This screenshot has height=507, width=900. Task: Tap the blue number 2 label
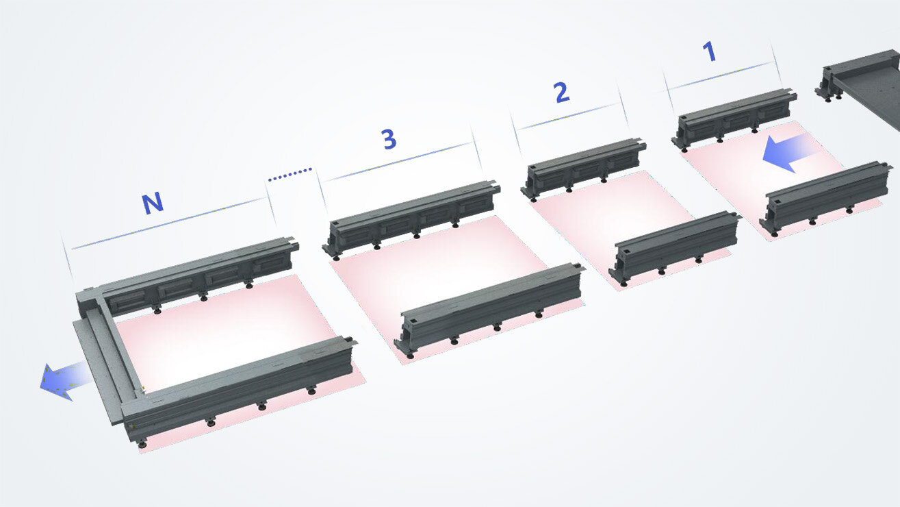tap(561, 92)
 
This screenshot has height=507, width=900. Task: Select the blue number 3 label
tap(388, 139)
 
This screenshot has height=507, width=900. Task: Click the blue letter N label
tap(152, 203)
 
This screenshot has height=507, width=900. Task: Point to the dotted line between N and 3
tap(290, 174)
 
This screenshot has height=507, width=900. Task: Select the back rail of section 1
tap(736, 117)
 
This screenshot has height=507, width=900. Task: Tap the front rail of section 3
tap(489, 304)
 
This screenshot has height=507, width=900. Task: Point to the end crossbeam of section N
tap(103, 356)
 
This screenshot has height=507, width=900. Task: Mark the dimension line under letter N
tap(168, 223)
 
